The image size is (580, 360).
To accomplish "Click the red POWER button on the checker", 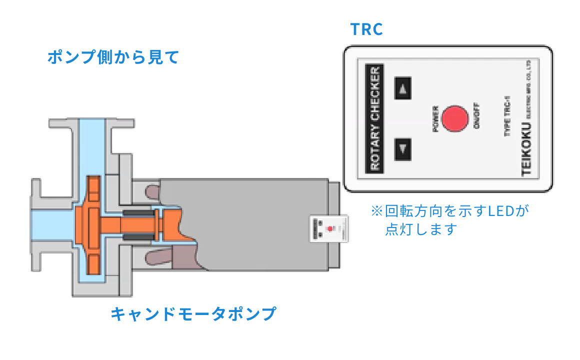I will pos(455,119).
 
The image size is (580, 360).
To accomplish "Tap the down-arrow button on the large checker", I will pos(403,148).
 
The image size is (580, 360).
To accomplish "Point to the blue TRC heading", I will pos(366,29).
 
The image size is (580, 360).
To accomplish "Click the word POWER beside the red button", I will pos(435,119).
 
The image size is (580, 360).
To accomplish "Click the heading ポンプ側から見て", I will pos(113,57).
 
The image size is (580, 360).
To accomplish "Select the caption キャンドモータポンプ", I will pos(193,314).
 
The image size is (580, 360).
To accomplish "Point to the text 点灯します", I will pos(421,229).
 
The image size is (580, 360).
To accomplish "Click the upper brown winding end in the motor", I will pos(154,191).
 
